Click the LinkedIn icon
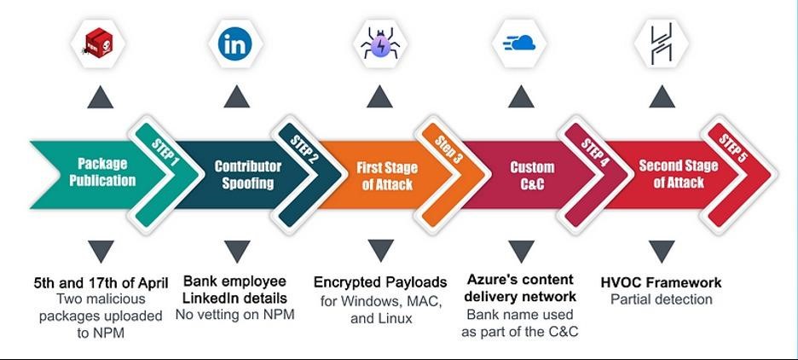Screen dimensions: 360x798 [235, 44]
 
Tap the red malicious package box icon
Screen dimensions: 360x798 [101, 42]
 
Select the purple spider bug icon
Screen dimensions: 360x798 [379, 43]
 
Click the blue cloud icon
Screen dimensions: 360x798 [521, 43]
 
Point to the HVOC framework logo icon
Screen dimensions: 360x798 [662, 43]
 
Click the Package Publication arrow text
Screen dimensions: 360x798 [102, 171]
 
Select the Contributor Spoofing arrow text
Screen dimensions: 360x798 [248, 175]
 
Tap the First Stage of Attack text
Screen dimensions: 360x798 [387, 176]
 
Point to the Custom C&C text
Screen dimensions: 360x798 [532, 175]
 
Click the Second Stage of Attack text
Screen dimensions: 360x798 [679, 174]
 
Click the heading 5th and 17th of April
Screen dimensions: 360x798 [101, 282]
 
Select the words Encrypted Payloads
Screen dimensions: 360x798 [380, 282]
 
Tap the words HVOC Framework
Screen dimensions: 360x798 [661, 282]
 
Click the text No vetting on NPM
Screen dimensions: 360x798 [234, 315]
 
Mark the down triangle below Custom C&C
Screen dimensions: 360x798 [521, 251]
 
